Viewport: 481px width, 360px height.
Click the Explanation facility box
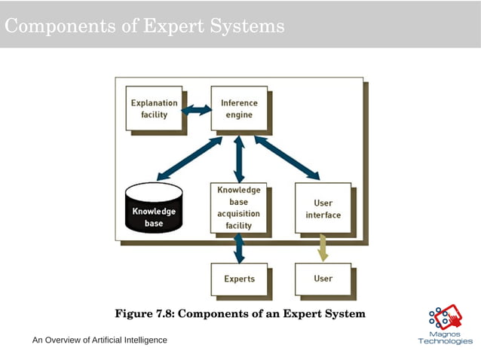point(154,108)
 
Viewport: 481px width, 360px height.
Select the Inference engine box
point(238,108)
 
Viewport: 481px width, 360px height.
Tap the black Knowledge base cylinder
point(154,212)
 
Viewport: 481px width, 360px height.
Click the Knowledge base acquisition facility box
point(238,207)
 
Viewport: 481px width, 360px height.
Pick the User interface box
point(323,208)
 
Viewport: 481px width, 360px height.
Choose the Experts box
point(239,279)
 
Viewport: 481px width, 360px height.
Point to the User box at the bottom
point(323,279)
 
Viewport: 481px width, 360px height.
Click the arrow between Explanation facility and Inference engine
point(197,110)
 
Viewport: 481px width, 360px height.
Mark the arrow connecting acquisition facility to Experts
point(239,248)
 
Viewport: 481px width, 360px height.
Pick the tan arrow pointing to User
point(323,248)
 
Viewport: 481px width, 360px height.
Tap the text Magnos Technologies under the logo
point(445,337)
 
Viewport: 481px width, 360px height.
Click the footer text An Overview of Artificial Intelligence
point(100,340)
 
